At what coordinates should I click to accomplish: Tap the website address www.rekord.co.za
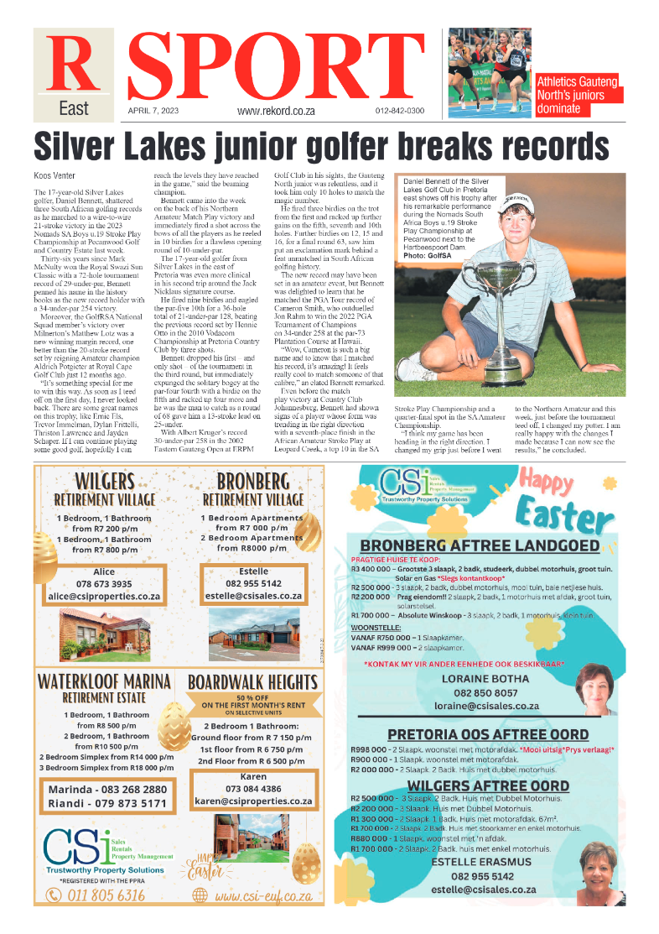(275, 111)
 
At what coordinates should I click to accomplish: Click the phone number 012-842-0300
(399, 111)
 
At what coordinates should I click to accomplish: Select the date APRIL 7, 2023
(149, 110)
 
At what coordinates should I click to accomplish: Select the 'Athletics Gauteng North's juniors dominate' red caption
(578, 95)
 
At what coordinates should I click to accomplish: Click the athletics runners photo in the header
(489, 73)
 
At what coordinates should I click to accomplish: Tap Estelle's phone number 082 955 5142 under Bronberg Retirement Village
(253, 582)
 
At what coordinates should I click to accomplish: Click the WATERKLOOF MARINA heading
(104, 681)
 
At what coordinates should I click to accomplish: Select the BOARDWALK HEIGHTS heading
(253, 682)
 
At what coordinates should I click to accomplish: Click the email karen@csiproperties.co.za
(253, 801)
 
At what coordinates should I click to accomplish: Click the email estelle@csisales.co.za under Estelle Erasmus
(480, 890)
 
